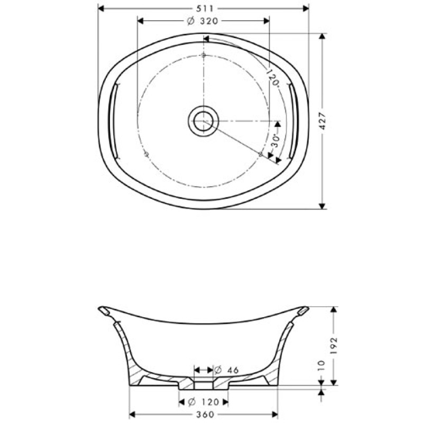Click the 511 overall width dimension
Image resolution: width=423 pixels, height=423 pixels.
pyautogui.click(x=203, y=8)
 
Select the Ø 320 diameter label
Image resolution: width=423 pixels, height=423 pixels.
pyautogui.click(x=203, y=21)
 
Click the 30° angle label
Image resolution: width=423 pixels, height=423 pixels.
pyautogui.click(x=274, y=141)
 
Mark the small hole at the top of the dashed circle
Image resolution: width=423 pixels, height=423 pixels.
pyautogui.click(x=204, y=55)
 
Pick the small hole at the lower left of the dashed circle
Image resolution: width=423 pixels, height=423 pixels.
pyautogui.click(x=146, y=154)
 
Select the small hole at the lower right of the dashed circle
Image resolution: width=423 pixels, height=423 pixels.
pyautogui.click(x=261, y=154)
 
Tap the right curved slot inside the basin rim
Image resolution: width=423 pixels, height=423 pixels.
pyautogui.click(x=294, y=121)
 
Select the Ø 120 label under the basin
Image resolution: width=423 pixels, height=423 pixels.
pyautogui.click(x=203, y=402)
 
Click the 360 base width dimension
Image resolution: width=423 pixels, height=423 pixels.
pyautogui.click(x=203, y=414)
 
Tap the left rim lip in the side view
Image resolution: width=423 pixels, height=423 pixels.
pyautogui.click(x=106, y=311)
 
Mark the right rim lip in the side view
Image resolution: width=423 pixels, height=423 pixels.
pyautogui.click(x=301, y=311)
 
